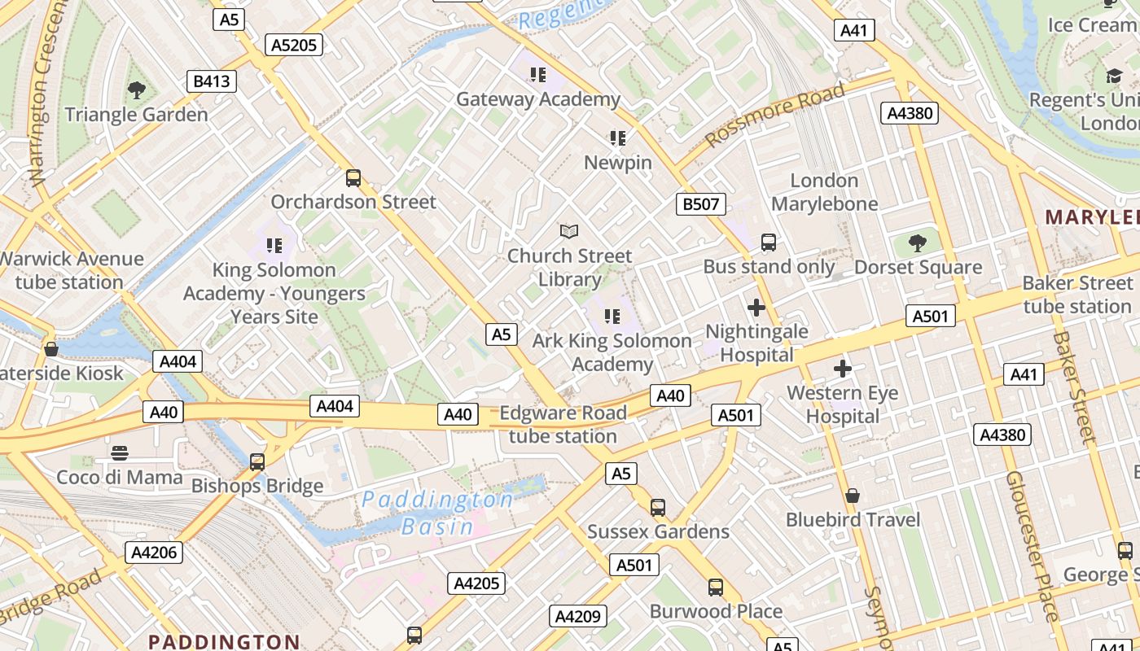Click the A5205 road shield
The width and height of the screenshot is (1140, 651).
tap(294, 45)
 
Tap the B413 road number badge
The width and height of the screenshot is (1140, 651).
tap(212, 81)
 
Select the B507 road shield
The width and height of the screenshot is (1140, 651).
tap(700, 203)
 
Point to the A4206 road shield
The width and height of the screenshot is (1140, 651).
tap(155, 553)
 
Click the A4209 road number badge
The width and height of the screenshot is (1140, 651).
tap(577, 617)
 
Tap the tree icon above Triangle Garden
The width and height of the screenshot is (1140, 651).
tap(137, 90)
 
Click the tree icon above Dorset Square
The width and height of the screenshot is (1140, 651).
tap(918, 242)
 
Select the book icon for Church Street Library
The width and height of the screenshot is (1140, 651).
tap(569, 232)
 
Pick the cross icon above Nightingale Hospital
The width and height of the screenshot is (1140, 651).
tap(756, 308)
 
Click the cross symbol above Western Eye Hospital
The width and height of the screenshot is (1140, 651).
tap(843, 369)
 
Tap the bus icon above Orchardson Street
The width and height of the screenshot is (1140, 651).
tap(353, 177)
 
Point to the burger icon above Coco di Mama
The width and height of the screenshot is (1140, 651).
tap(120, 453)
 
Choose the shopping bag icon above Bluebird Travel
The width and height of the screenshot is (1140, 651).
tap(853, 496)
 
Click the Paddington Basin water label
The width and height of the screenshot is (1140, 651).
tap(437, 513)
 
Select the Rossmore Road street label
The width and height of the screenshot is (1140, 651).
tap(774, 116)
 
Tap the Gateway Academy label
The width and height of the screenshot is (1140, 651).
tap(537, 99)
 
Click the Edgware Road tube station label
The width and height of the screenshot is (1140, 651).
tap(563, 424)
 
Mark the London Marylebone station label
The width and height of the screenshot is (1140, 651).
tap(825, 192)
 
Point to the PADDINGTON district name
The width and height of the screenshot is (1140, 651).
tap(224, 642)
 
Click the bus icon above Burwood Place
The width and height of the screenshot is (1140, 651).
tap(716, 587)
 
